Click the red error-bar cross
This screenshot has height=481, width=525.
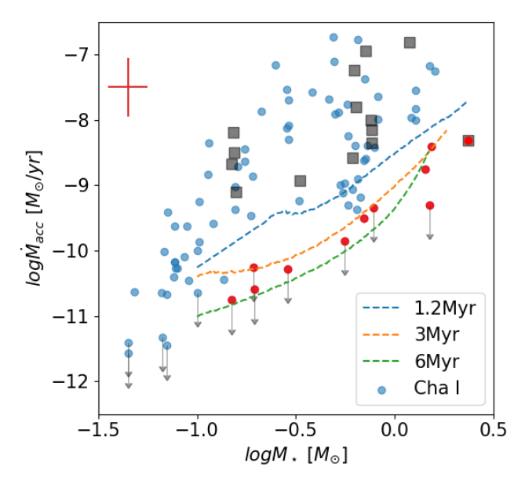pyautogui.click(x=128, y=87)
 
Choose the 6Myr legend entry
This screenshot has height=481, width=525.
pyautogui.click(x=424, y=362)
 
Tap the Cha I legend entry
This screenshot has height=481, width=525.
pyautogui.click(x=424, y=389)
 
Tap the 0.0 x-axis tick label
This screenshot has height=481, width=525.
pyautogui.click(x=394, y=432)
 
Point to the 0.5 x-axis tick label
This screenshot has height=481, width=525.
pyautogui.click(x=492, y=432)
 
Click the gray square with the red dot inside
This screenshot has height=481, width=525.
pyautogui.click(x=468, y=140)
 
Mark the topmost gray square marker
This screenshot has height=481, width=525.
pyautogui.click(x=410, y=42)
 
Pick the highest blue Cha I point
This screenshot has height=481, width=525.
pyautogui.click(x=334, y=37)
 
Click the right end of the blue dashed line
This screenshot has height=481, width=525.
pyautogui.click(x=467, y=101)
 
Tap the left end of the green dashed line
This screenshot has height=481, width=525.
pyautogui.click(x=198, y=316)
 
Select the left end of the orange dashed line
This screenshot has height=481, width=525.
pyautogui.click(x=198, y=276)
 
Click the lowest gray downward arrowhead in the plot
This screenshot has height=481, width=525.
pyautogui.click(x=129, y=385)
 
